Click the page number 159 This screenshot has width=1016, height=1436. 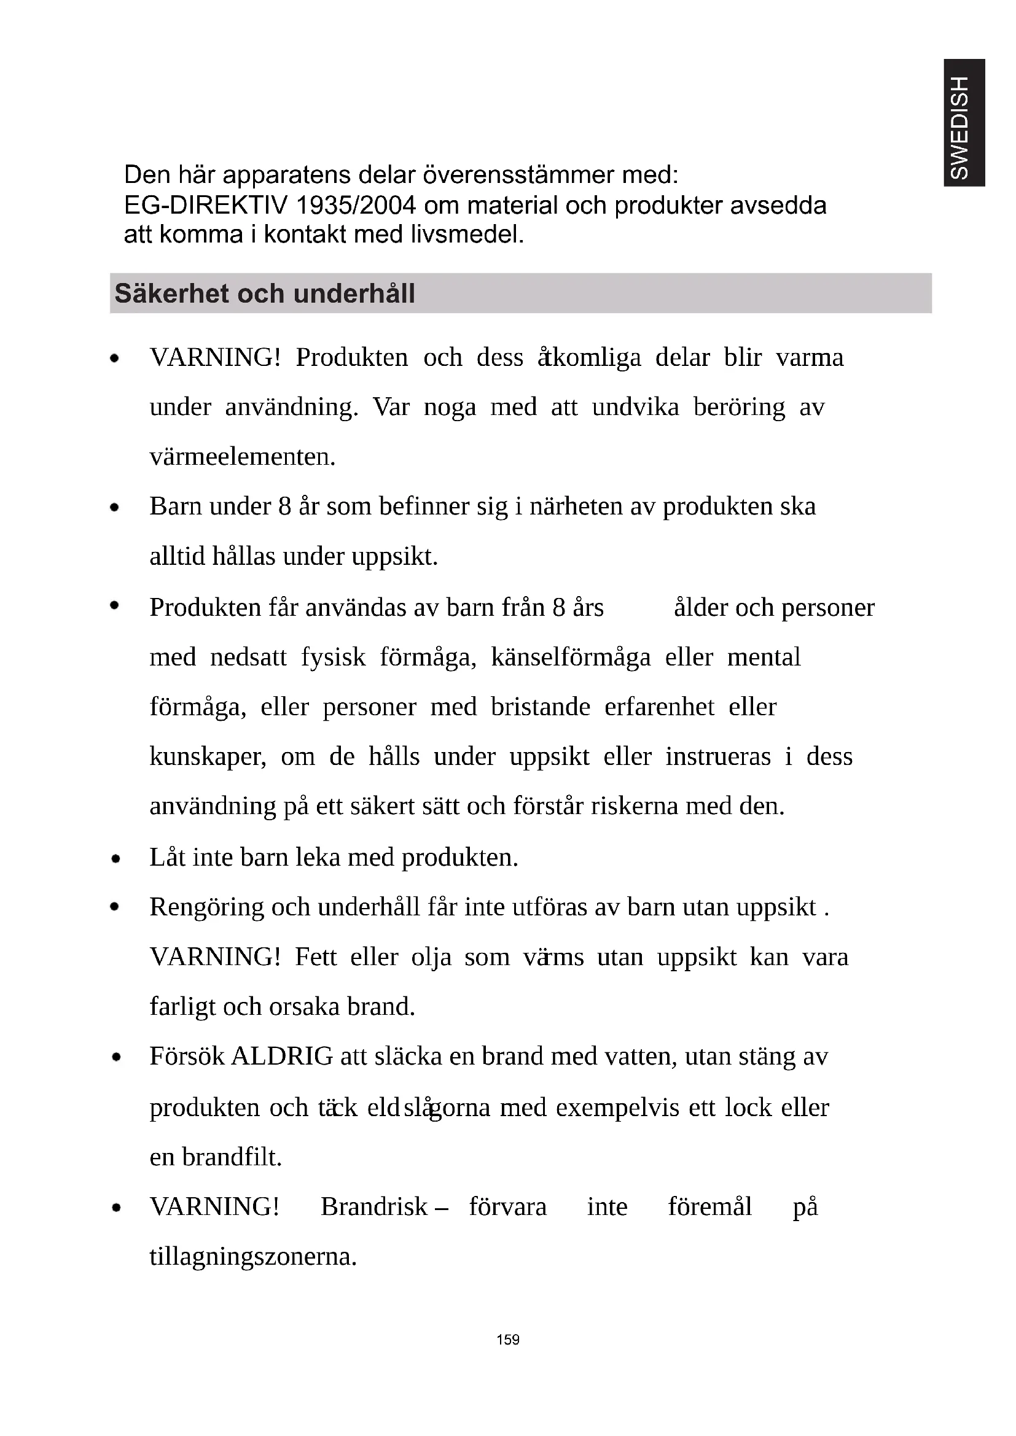[x=507, y=1339]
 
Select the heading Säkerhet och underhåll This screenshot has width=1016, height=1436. [x=265, y=293]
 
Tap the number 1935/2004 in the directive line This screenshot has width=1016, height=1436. [x=357, y=205]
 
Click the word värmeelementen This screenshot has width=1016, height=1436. [x=242, y=457]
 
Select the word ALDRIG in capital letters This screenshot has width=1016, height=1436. [x=282, y=1056]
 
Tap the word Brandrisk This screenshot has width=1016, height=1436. [x=374, y=1206]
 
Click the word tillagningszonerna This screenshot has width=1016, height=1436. [x=252, y=1256]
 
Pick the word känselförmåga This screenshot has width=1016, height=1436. [x=571, y=658]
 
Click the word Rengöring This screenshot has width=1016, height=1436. [x=206, y=907]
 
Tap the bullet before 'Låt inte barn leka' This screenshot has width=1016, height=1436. [x=115, y=859]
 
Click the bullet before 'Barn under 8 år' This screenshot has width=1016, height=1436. [x=114, y=508]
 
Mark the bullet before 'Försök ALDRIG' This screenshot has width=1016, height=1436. [x=115, y=1058]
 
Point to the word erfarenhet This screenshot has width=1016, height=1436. [x=658, y=707]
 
